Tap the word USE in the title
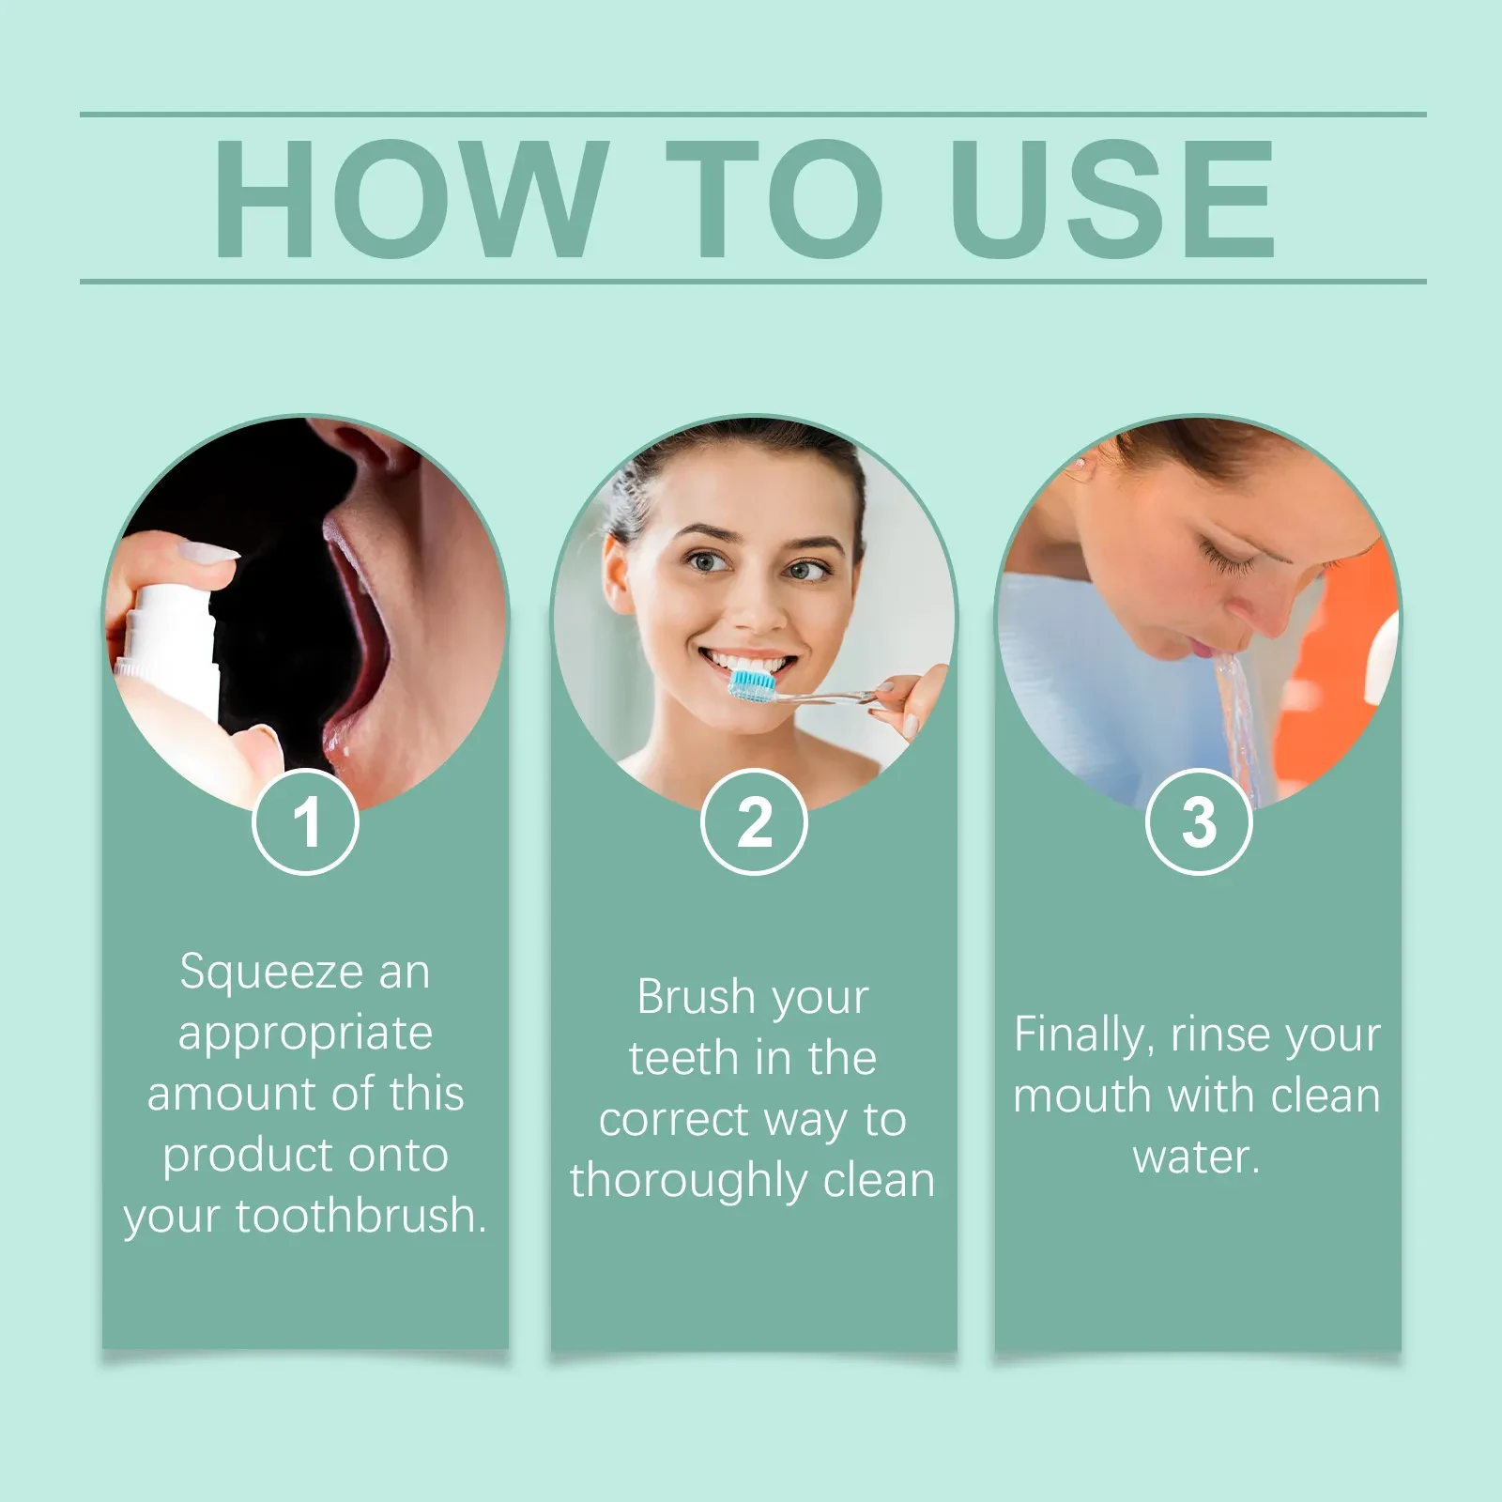tap(1112, 198)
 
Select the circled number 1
tap(306, 822)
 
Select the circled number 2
tap(754, 822)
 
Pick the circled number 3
tap(1199, 822)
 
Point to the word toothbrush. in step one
tap(360, 1216)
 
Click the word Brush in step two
tap(696, 997)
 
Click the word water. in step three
tap(1196, 1157)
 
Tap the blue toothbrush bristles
tap(752, 684)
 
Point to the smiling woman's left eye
tap(809, 569)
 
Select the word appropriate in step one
tap(305, 1034)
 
